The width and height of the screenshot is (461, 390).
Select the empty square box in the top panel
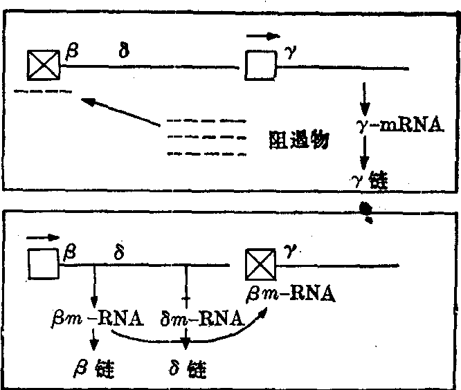[x=260, y=66]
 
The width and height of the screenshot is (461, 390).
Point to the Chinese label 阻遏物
[x=298, y=140]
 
